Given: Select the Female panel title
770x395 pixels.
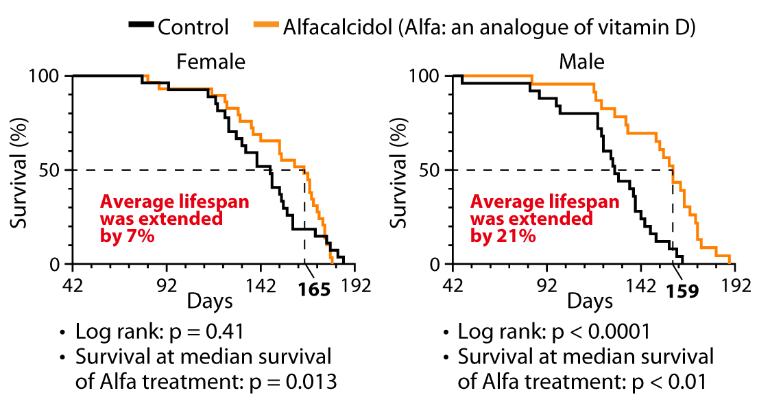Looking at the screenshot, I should click(210, 62).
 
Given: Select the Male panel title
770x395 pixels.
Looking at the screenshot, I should click(581, 62).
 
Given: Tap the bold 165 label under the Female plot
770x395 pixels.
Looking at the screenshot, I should click(315, 290).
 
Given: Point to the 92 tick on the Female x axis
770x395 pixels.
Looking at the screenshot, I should click(167, 285).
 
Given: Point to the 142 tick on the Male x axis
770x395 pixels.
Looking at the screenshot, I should click(641, 285).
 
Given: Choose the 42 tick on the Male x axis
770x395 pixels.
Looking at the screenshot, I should click(453, 285).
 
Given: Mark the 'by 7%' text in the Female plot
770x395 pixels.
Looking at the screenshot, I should click(128, 236).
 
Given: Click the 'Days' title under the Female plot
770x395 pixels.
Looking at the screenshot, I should click(210, 301).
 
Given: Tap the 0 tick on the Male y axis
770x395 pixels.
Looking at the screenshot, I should click(436, 264).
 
